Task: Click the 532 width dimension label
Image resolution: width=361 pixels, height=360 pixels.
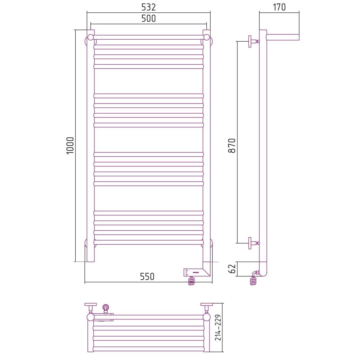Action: point(148,7)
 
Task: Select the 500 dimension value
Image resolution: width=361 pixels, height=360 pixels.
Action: point(148,19)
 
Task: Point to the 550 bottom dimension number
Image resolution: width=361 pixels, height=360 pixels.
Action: point(147,276)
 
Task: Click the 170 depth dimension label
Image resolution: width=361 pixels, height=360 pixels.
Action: point(279,7)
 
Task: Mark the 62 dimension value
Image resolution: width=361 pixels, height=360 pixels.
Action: point(232,269)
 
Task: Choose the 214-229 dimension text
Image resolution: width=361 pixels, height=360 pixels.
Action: point(218,327)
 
